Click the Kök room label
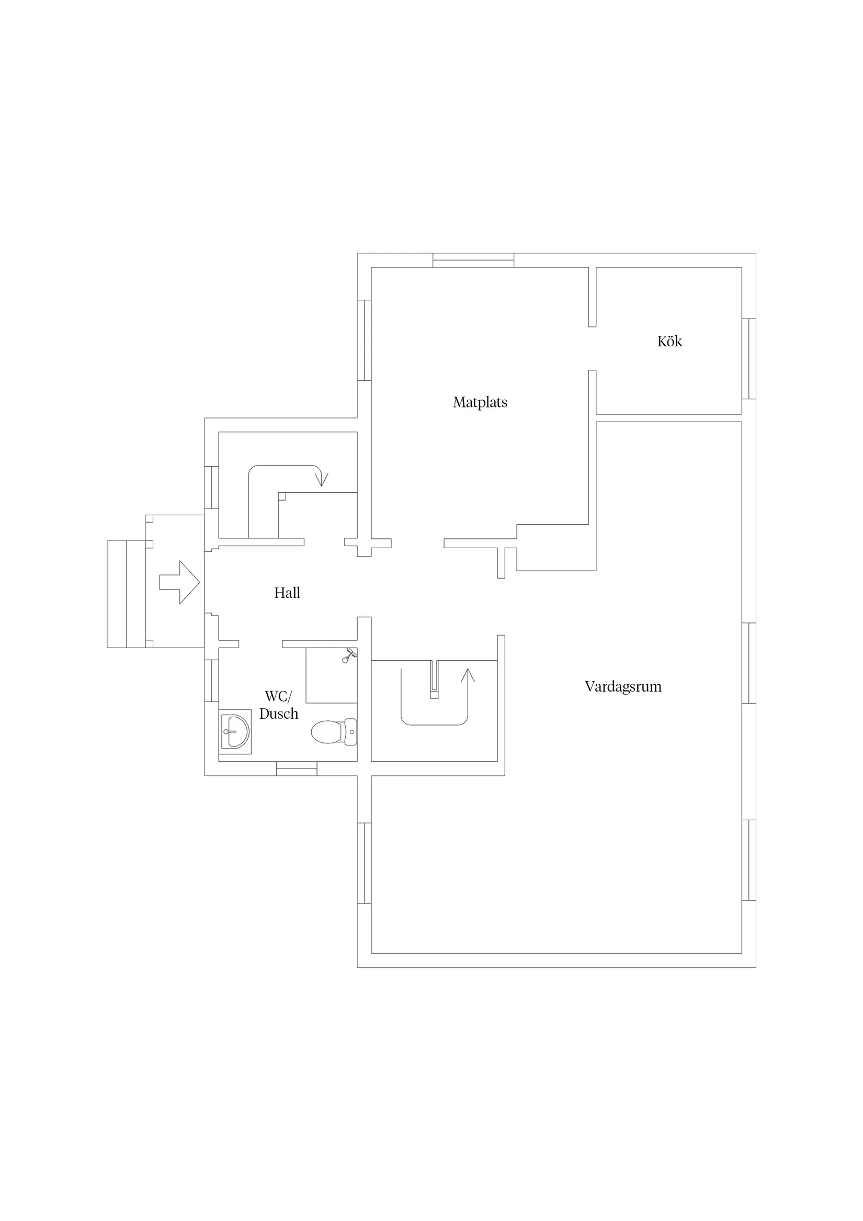669,341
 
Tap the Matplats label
480,403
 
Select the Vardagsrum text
623,686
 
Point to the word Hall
287,593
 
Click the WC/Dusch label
279,705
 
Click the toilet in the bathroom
334,732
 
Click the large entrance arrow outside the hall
179,582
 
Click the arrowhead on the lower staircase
468,675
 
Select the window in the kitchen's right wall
748,358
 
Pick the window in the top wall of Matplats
473,260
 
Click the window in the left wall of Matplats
364,341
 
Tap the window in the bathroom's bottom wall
297,768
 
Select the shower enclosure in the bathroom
331,675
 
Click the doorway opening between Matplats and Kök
593,348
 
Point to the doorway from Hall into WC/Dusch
260,644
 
